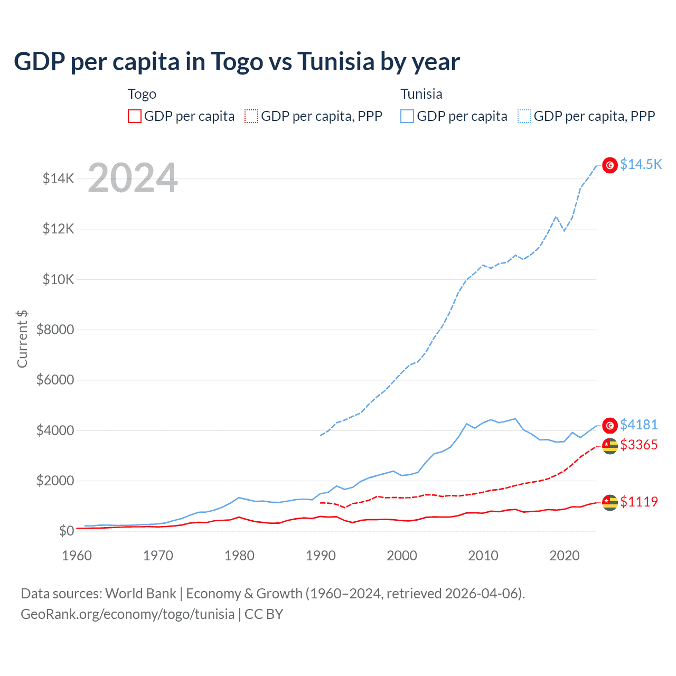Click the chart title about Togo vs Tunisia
[x=237, y=62]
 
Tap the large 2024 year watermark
[x=133, y=178]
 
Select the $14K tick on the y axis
[x=58, y=179]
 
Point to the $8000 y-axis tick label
[x=55, y=330]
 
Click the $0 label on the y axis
[x=66, y=531]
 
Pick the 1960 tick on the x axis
[x=77, y=556]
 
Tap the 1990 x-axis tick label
[x=321, y=556]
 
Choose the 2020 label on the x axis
[x=565, y=556]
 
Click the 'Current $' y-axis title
[x=22, y=339]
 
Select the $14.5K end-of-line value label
[x=641, y=164]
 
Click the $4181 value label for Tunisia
[x=639, y=425]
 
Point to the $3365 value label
[x=639, y=445]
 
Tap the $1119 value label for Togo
[x=639, y=502]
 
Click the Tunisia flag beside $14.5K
[x=610, y=165]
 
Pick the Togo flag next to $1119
[x=610, y=503]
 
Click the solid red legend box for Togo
[x=135, y=116]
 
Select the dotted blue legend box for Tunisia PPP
[x=524, y=116]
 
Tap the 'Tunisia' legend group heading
[x=421, y=94]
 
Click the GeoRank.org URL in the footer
[x=127, y=614]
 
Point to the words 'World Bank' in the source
[x=140, y=594]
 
